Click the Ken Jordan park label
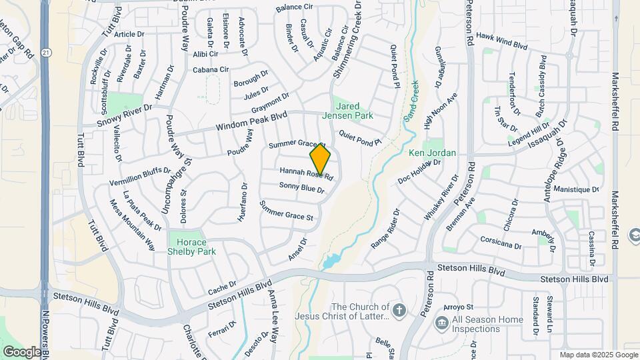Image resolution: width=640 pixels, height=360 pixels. pos(432,153)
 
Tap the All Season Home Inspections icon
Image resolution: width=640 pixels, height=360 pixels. pos(441,323)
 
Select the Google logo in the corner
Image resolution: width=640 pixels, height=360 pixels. pos(21,351)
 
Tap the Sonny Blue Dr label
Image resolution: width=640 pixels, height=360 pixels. pos(301,188)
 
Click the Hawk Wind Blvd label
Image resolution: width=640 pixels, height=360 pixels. pos(502,41)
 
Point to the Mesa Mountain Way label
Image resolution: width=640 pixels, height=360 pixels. pos(133,227)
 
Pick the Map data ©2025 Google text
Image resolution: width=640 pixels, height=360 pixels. pos(598,355)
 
